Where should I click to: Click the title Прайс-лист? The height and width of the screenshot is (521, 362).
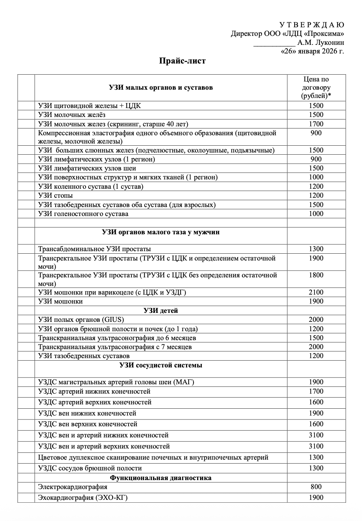(x=182, y=61)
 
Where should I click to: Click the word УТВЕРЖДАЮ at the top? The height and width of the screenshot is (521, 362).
(x=311, y=25)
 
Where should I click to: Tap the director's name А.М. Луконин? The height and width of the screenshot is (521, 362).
(x=321, y=43)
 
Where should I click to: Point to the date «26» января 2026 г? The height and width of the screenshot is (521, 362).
(x=312, y=51)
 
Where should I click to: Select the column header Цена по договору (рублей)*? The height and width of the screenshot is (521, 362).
(x=316, y=88)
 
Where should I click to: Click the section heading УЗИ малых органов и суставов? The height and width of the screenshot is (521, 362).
(x=161, y=88)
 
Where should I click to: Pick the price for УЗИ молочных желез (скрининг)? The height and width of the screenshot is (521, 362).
(x=316, y=124)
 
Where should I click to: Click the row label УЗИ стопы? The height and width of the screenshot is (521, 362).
(x=56, y=196)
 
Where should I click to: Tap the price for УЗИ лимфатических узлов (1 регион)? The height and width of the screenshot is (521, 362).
(x=316, y=159)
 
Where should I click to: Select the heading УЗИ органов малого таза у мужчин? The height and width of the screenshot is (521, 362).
(x=161, y=232)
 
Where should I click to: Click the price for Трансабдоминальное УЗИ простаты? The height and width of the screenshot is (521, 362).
(x=316, y=249)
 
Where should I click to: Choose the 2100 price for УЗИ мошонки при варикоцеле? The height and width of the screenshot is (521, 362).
(x=316, y=292)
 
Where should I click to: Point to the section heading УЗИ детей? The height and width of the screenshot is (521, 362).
(x=161, y=311)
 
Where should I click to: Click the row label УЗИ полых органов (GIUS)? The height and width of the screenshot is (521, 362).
(x=81, y=320)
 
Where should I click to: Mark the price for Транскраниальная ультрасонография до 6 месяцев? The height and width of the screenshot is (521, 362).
(x=316, y=338)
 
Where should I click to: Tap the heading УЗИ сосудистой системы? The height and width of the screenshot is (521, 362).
(x=161, y=365)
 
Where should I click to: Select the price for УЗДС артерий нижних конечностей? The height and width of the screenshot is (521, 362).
(x=316, y=391)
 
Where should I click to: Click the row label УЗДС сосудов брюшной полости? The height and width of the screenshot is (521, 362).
(x=90, y=468)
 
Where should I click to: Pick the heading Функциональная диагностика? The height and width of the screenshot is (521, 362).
(x=161, y=478)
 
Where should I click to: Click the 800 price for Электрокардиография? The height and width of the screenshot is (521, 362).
(x=316, y=487)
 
